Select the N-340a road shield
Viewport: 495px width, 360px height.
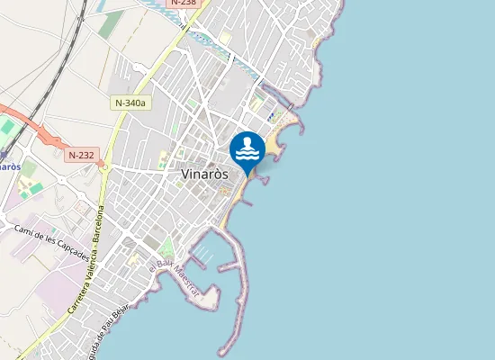pyautogui.click(x=130, y=103)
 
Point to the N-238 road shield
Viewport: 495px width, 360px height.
pyautogui.click(x=183, y=3)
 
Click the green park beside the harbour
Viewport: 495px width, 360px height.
pyautogui.click(x=166, y=246)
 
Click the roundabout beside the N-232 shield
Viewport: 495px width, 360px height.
pyautogui.click(x=103, y=166)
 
